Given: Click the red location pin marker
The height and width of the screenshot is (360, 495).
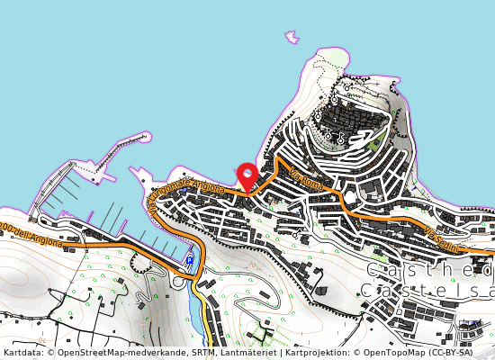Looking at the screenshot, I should [247, 175].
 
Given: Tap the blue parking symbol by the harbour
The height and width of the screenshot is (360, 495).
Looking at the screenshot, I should [189, 261].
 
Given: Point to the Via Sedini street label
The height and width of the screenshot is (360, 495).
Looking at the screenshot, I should [443, 240].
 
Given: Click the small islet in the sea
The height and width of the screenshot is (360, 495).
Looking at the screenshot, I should [292, 38].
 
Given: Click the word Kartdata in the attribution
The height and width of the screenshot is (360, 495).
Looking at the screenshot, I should [22, 353].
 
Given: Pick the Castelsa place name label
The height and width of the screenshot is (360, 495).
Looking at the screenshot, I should [427, 290].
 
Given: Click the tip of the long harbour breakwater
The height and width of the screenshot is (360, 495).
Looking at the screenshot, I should [145, 137].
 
